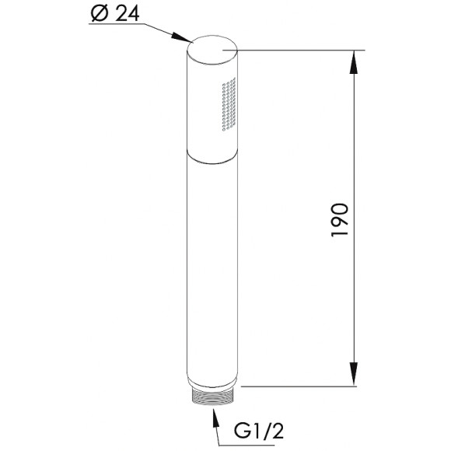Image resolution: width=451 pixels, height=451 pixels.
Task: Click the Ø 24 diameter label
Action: pyautogui.click(x=115, y=13)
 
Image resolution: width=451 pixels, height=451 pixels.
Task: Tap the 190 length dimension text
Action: pyautogui.click(x=340, y=220)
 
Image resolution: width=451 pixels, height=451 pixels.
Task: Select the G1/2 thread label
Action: pyautogui.click(x=259, y=431)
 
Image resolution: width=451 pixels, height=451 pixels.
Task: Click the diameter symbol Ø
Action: pyautogui.click(x=100, y=14)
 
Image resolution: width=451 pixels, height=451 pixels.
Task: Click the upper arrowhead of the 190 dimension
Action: pyautogui.click(x=354, y=61)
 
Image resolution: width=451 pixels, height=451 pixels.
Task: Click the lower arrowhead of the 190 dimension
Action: pyautogui.click(x=354, y=374)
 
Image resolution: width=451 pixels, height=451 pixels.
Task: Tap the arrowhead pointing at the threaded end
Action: pyautogui.click(x=214, y=416)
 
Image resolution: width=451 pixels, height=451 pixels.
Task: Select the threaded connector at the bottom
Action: pyautogui.click(x=212, y=396)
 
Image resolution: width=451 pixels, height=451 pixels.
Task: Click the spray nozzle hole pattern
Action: pyautogui.click(x=229, y=104)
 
